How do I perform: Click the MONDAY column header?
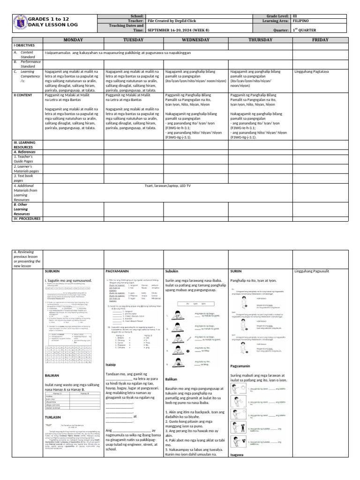tap(73, 40)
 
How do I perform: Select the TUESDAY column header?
tap(134, 40)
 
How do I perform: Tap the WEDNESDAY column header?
tap(195, 40)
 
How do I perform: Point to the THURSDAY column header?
tap(260, 40)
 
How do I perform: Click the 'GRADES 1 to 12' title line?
tap(51, 18)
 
